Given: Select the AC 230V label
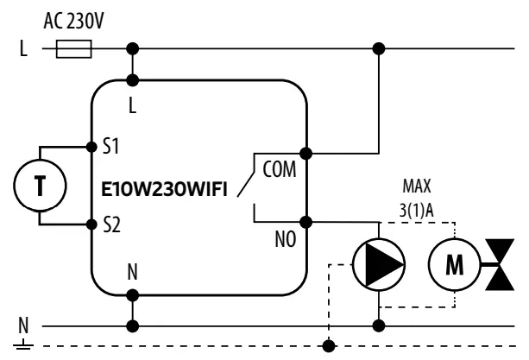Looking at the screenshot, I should (x=72, y=19).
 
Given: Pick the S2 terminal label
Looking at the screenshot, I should (x=110, y=225).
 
